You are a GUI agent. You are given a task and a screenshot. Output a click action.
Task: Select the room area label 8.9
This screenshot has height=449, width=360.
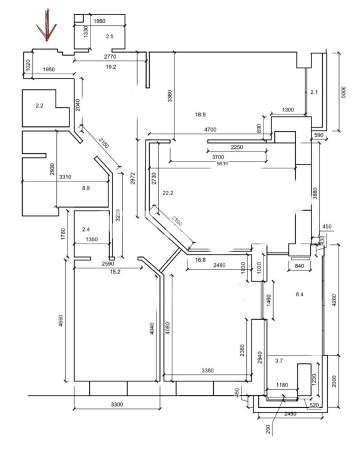86,188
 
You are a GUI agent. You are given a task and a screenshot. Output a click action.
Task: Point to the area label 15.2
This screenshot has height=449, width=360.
116,272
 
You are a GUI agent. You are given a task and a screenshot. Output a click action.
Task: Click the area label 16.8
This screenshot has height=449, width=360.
200,260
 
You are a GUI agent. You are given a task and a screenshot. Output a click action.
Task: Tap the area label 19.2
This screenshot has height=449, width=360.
110,66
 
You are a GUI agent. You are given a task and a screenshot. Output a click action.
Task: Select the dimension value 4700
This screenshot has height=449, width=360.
210,129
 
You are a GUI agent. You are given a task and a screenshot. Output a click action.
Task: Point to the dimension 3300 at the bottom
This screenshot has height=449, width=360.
117,405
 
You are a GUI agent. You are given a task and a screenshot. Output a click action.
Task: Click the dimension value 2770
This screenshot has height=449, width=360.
109,56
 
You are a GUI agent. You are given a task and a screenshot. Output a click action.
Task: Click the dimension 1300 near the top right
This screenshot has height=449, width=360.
288,110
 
